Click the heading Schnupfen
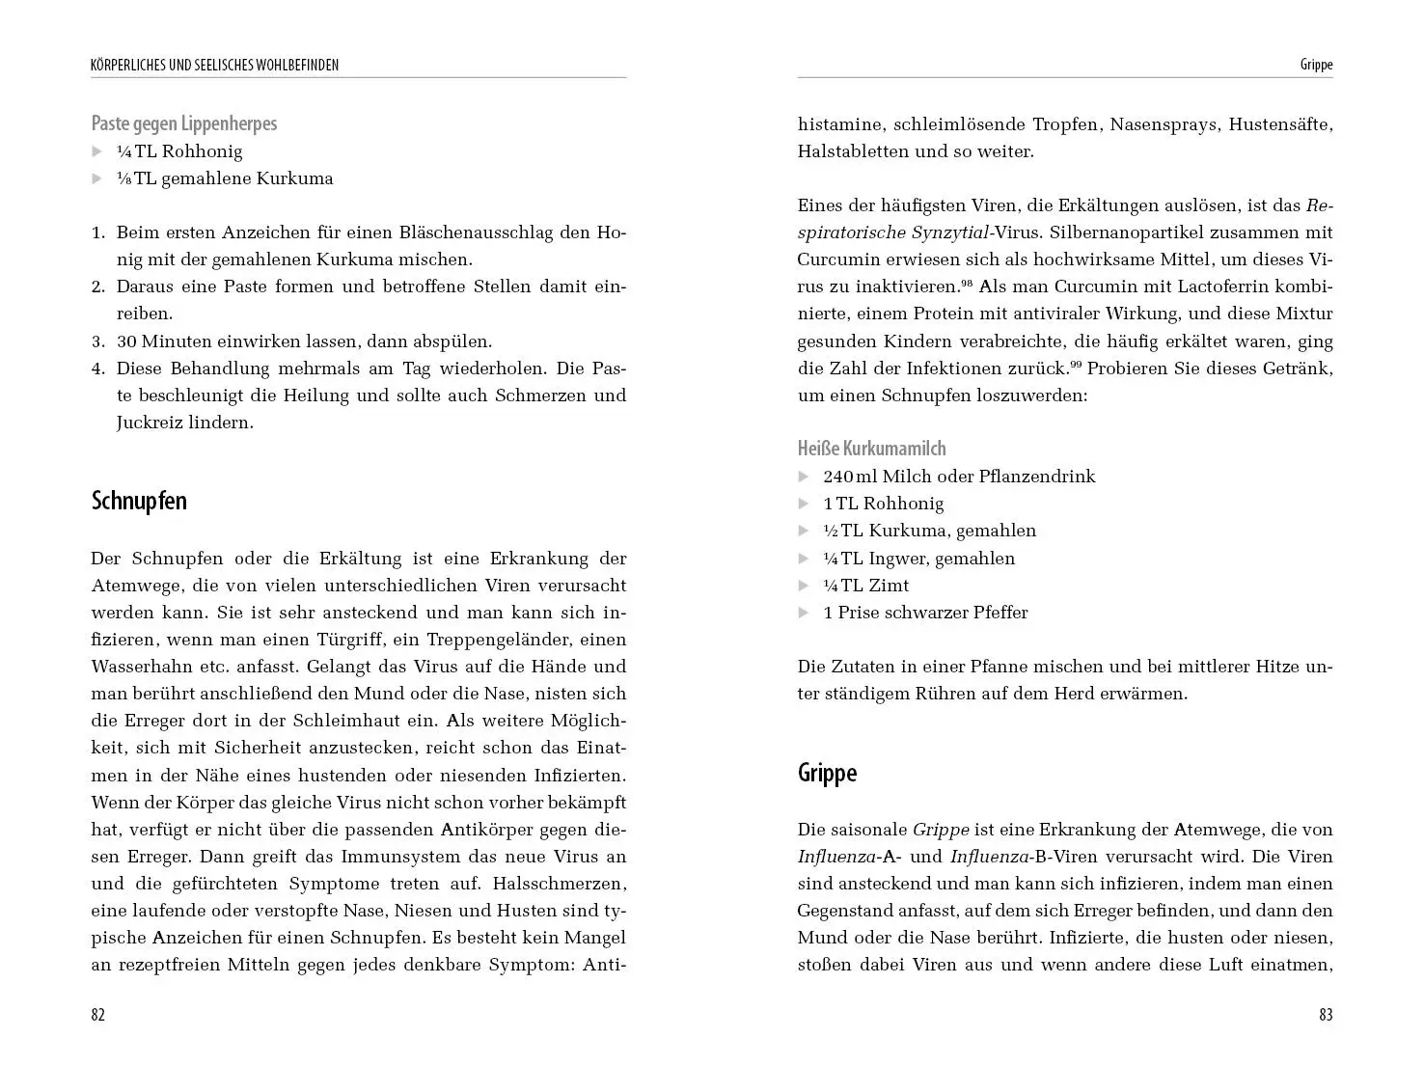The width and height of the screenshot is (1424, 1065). coord(139,502)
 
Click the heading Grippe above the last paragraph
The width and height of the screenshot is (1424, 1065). coord(827,773)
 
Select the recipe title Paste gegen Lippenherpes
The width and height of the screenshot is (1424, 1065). coord(184,123)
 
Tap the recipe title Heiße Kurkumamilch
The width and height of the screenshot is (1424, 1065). coord(871,449)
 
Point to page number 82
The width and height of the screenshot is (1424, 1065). coord(97,1015)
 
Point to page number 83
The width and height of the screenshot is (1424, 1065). coord(1326,1015)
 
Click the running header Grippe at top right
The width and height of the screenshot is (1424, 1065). coord(1316,66)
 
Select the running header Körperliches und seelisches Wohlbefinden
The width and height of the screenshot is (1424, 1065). coord(214,66)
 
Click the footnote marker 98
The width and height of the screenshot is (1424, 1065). coord(967,284)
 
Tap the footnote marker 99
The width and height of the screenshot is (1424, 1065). coord(1077,365)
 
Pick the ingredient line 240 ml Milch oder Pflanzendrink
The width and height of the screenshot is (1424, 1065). coord(959,477)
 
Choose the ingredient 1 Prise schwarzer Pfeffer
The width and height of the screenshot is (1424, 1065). coord(925,613)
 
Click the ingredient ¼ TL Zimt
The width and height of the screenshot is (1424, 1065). coord(865,586)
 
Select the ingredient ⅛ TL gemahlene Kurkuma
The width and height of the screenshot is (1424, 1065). coord(225,178)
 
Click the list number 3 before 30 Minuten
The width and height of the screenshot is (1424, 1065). coord(97,341)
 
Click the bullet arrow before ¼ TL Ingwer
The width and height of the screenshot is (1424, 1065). coord(803,559)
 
